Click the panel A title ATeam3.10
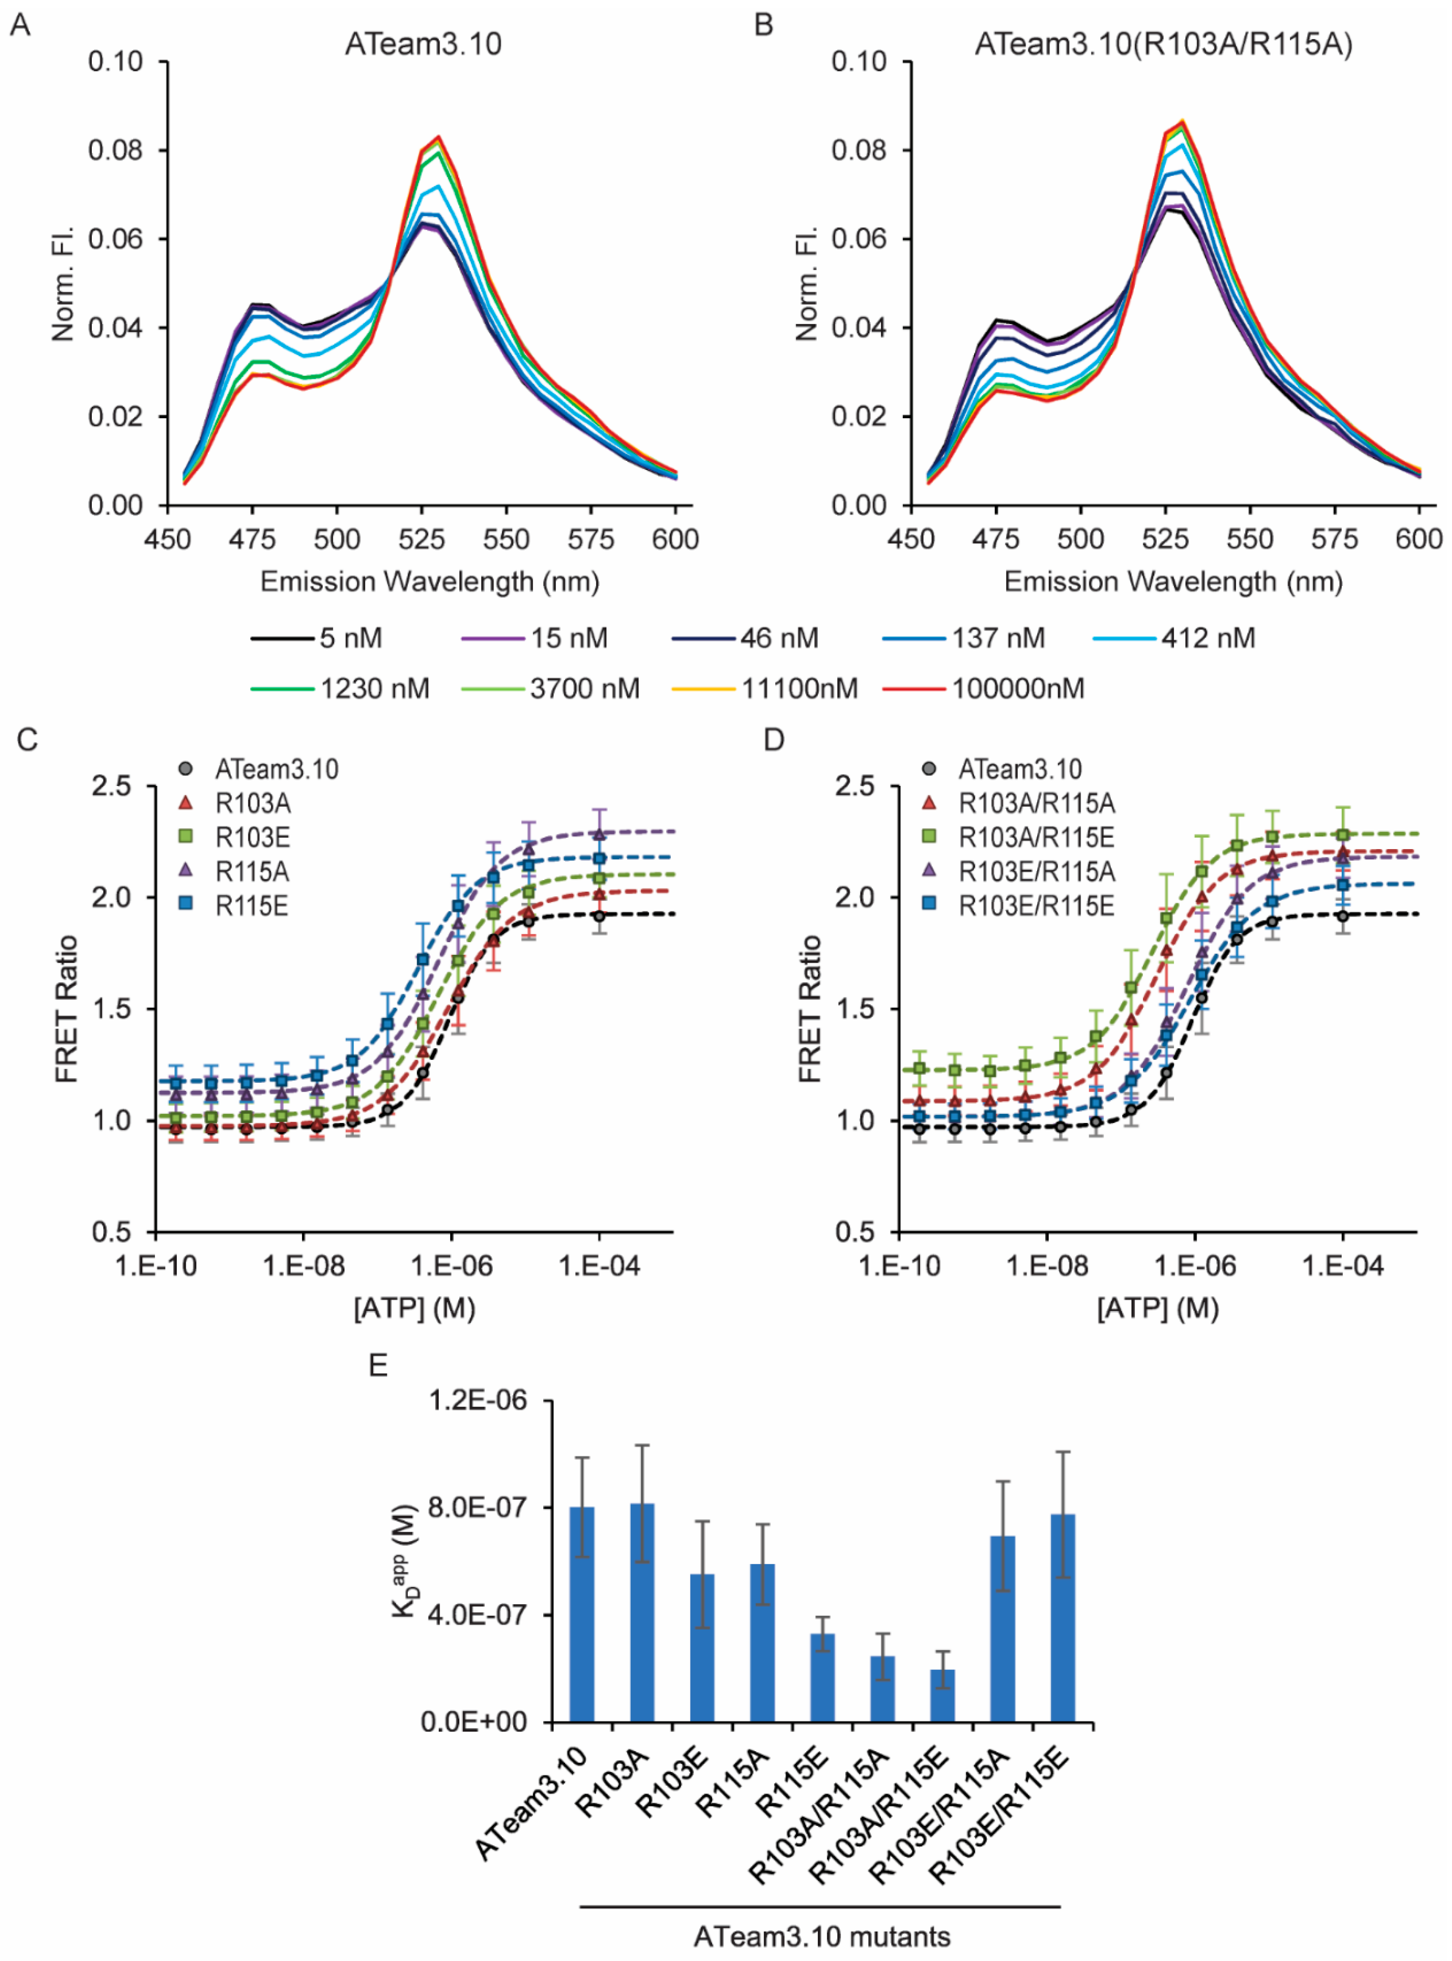(423, 44)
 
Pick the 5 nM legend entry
(350, 638)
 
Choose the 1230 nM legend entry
(374, 688)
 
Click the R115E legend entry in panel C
(251, 906)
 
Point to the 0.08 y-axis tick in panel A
(115, 150)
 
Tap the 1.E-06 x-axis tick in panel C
(452, 1266)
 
